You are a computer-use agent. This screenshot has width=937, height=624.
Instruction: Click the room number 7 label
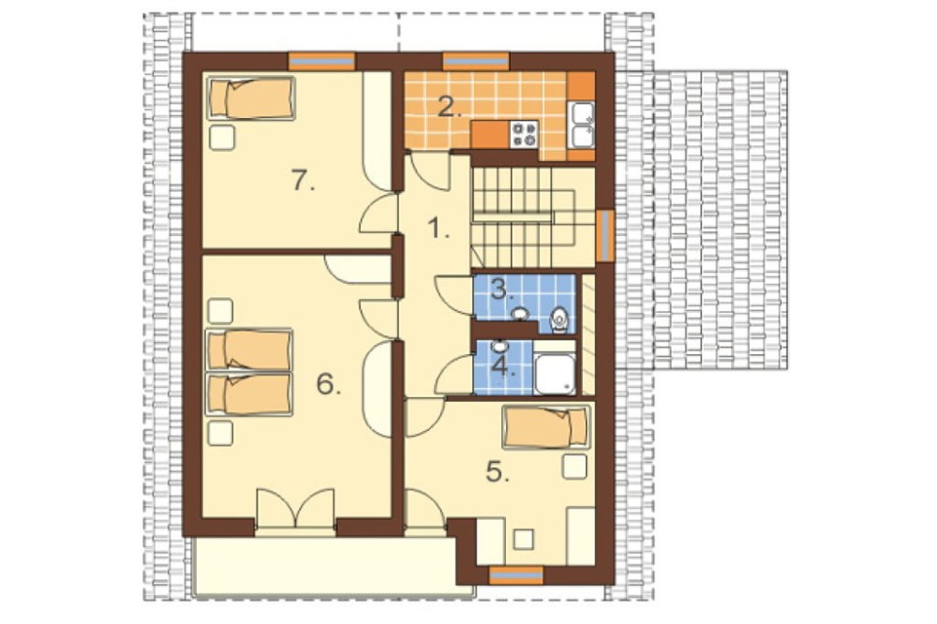(303, 181)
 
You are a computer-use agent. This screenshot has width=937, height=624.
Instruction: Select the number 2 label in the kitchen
(450, 107)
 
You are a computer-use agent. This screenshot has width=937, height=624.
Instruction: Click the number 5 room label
(498, 471)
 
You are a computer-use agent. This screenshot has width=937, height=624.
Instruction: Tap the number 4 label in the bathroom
(503, 365)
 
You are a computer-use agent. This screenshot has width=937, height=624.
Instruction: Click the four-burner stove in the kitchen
(524, 135)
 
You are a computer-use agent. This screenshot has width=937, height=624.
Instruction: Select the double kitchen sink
(582, 125)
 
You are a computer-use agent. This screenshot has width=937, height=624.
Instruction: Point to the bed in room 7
(251, 98)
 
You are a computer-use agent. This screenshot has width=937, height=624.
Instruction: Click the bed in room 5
(546, 426)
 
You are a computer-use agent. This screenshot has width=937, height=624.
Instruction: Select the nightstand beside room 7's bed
(222, 138)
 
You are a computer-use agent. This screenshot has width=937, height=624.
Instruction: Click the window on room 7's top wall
(321, 62)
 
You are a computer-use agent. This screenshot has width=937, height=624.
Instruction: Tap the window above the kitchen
(476, 62)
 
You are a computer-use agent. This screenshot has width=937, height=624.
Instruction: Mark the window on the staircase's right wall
(605, 236)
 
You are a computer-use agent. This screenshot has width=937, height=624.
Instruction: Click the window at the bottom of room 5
(516, 575)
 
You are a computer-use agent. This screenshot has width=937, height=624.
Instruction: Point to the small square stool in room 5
(524, 539)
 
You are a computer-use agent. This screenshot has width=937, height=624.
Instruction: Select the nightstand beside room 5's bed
(575, 467)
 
